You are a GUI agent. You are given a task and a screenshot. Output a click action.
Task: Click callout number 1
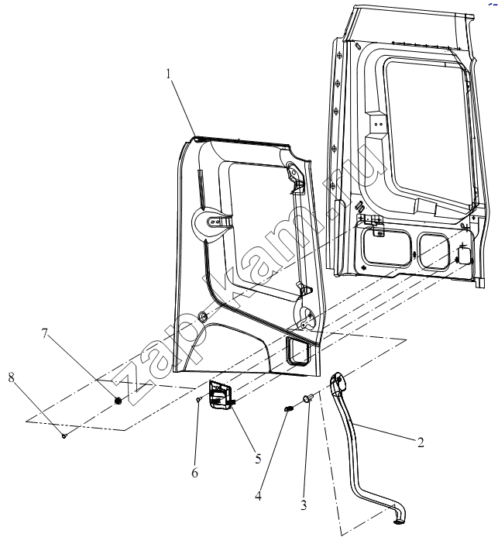169,74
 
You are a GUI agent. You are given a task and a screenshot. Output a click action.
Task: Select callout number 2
421,442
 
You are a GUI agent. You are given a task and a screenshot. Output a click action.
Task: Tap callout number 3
304,505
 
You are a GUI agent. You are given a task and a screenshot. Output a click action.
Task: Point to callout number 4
258,496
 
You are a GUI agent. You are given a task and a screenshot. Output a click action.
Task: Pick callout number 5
258,459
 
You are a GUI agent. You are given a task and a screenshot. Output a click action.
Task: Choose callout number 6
194,473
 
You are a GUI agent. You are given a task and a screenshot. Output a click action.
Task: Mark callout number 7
44,333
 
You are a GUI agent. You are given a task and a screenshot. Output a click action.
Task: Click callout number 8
12,377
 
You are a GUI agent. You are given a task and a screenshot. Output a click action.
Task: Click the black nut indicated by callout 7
118,401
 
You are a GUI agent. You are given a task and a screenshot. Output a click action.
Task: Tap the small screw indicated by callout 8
64,436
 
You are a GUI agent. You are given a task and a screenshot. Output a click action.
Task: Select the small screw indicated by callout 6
198,400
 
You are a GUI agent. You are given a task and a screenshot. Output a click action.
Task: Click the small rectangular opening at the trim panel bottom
297,352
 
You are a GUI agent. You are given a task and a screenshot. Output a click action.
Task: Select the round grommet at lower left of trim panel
202,315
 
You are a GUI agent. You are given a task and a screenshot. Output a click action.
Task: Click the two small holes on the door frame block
379,123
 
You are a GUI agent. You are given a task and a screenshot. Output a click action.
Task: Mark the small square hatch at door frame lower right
464,256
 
